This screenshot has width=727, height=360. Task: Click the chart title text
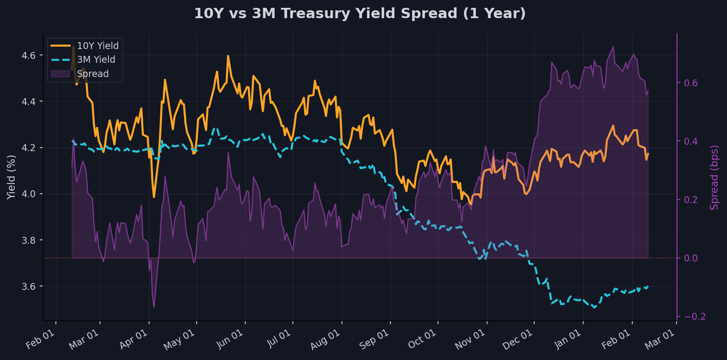click(360, 14)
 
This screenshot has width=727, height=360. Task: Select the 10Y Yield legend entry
click(98, 46)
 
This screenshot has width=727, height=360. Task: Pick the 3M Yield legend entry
click(96, 60)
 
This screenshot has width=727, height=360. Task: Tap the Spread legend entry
click(93, 74)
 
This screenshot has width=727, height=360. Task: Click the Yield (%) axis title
click(11, 177)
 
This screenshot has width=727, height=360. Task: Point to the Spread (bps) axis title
click(714, 177)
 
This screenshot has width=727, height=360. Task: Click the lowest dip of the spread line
click(154, 308)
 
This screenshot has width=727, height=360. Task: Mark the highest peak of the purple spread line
click(613, 47)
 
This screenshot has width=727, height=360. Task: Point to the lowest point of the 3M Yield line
click(595, 308)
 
